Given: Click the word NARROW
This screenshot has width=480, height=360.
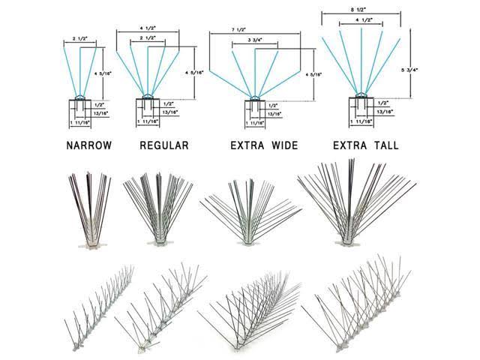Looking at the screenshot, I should [88, 145].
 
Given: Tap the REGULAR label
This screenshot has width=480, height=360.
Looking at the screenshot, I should [163, 145].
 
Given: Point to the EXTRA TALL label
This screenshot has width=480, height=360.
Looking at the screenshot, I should [363, 145].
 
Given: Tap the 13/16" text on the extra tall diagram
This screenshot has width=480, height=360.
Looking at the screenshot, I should [384, 111].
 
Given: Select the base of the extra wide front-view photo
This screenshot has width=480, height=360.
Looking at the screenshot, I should [250, 241].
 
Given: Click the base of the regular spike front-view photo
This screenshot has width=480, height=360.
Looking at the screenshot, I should [160, 241].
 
